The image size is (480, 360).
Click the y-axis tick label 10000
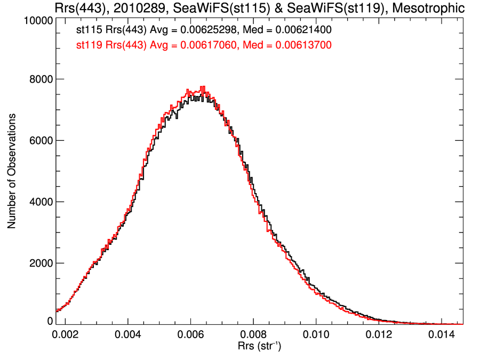(37, 21)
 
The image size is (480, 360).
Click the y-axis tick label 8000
(39, 79)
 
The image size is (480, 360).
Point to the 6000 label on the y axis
(39, 141)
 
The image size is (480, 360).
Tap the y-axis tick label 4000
(39, 202)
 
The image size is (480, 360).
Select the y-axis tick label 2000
(39, 263)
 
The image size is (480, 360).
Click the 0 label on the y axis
(49, 321)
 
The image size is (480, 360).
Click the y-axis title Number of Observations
(11, 171)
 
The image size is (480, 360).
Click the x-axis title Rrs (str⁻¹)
(260, 347)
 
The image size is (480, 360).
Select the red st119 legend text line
(204, 46)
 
